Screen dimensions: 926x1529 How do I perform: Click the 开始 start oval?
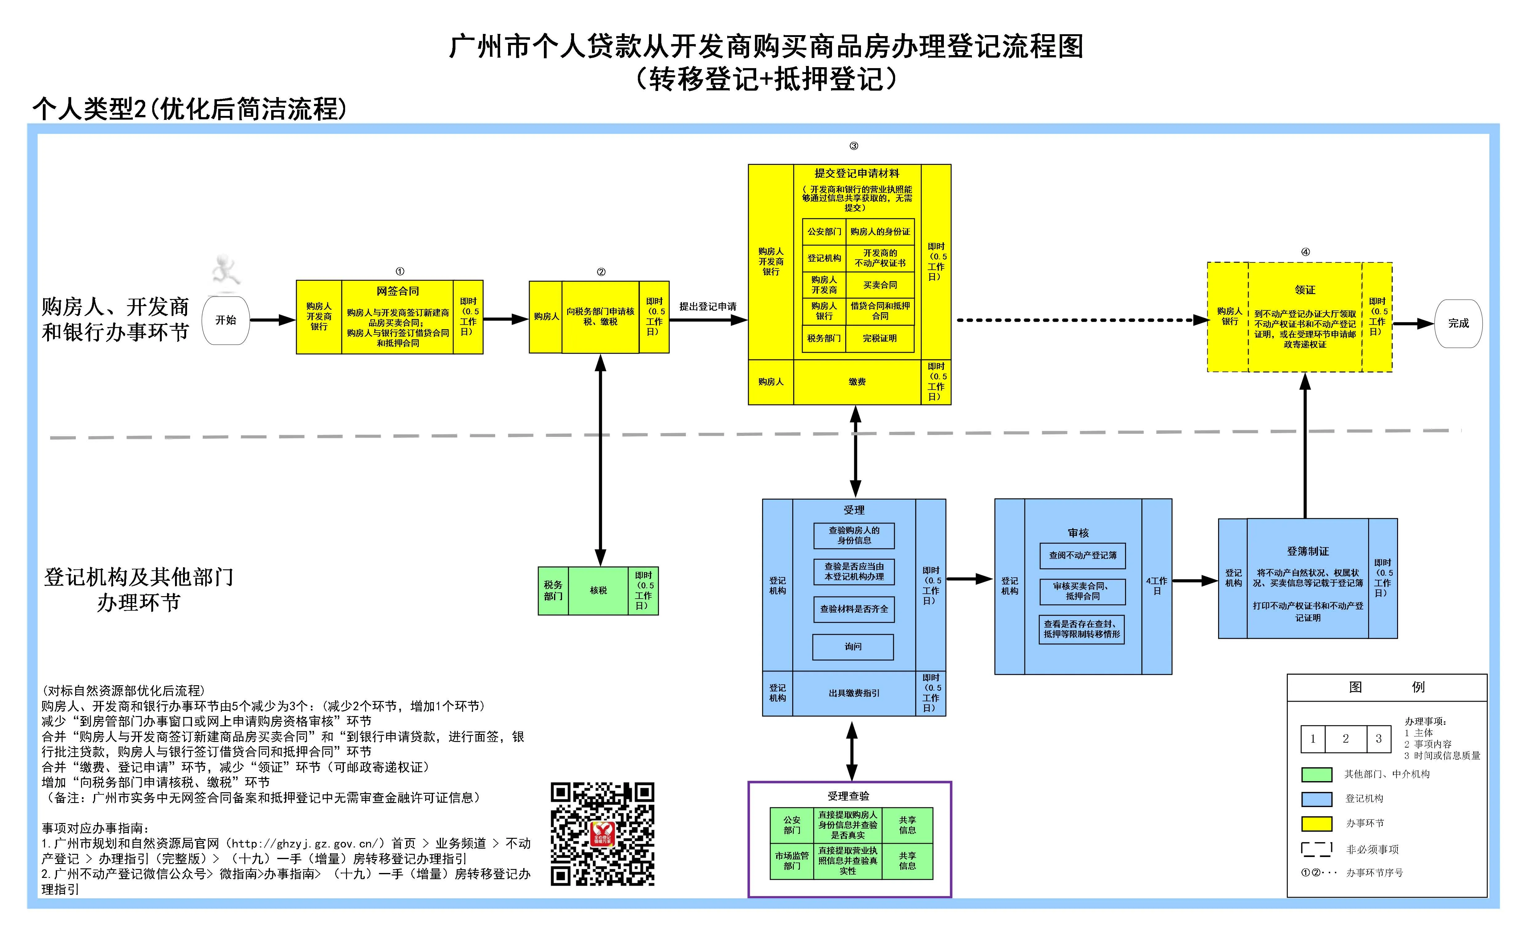(226, 320)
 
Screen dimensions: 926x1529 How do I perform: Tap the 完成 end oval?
(1458, 323)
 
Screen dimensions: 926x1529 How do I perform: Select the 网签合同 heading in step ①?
(398, 291)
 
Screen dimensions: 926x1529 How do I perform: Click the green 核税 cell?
(598, 590)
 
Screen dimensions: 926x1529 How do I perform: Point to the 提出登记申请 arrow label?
(708, 307)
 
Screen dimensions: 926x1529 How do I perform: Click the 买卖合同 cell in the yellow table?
(880, 285)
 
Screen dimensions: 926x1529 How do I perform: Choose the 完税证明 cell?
(880, 338)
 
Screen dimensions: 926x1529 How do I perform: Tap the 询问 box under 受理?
(853, 647)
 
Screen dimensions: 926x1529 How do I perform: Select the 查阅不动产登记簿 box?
(1083, 555)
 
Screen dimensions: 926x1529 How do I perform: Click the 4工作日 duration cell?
(1157, 586)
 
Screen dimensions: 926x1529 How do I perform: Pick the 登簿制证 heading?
(1307, 551)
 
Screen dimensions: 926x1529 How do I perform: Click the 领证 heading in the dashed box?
(1305, 290)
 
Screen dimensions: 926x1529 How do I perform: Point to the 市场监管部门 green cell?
(792, 861)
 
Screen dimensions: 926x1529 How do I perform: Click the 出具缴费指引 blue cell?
(854, 693)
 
